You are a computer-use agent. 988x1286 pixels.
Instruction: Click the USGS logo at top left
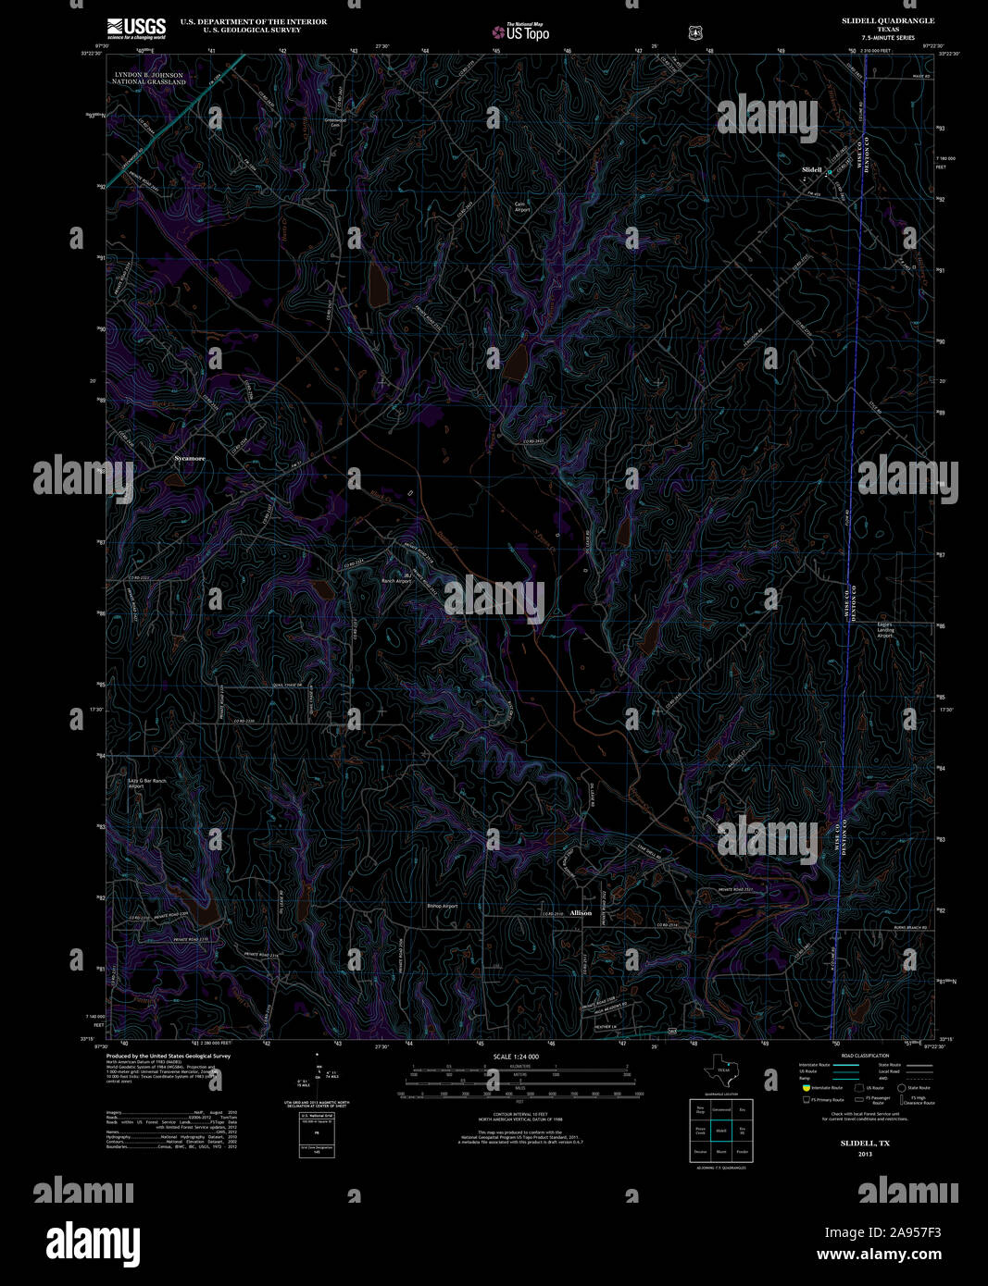coord(136,26)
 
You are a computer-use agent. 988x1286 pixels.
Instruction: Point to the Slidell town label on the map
coord(811,170)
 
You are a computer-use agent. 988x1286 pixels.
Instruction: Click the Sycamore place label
coord(190,459)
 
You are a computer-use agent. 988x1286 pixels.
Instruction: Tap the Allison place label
coord(581,913)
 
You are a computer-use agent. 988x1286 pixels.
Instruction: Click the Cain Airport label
coord(522,207)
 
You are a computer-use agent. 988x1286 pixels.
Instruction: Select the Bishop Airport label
coord(443,906)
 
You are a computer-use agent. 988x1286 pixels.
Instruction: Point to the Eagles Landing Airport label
coord(885,630)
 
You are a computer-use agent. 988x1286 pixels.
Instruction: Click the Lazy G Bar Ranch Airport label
coord(147,784)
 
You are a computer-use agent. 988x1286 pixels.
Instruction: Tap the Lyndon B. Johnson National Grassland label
coord(149,78)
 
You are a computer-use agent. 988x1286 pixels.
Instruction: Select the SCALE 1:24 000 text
coord(516,1057)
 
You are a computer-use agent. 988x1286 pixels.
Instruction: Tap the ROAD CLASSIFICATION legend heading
coord(865,1056)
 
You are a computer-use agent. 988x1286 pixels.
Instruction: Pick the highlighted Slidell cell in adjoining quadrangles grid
coord(721,1131)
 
